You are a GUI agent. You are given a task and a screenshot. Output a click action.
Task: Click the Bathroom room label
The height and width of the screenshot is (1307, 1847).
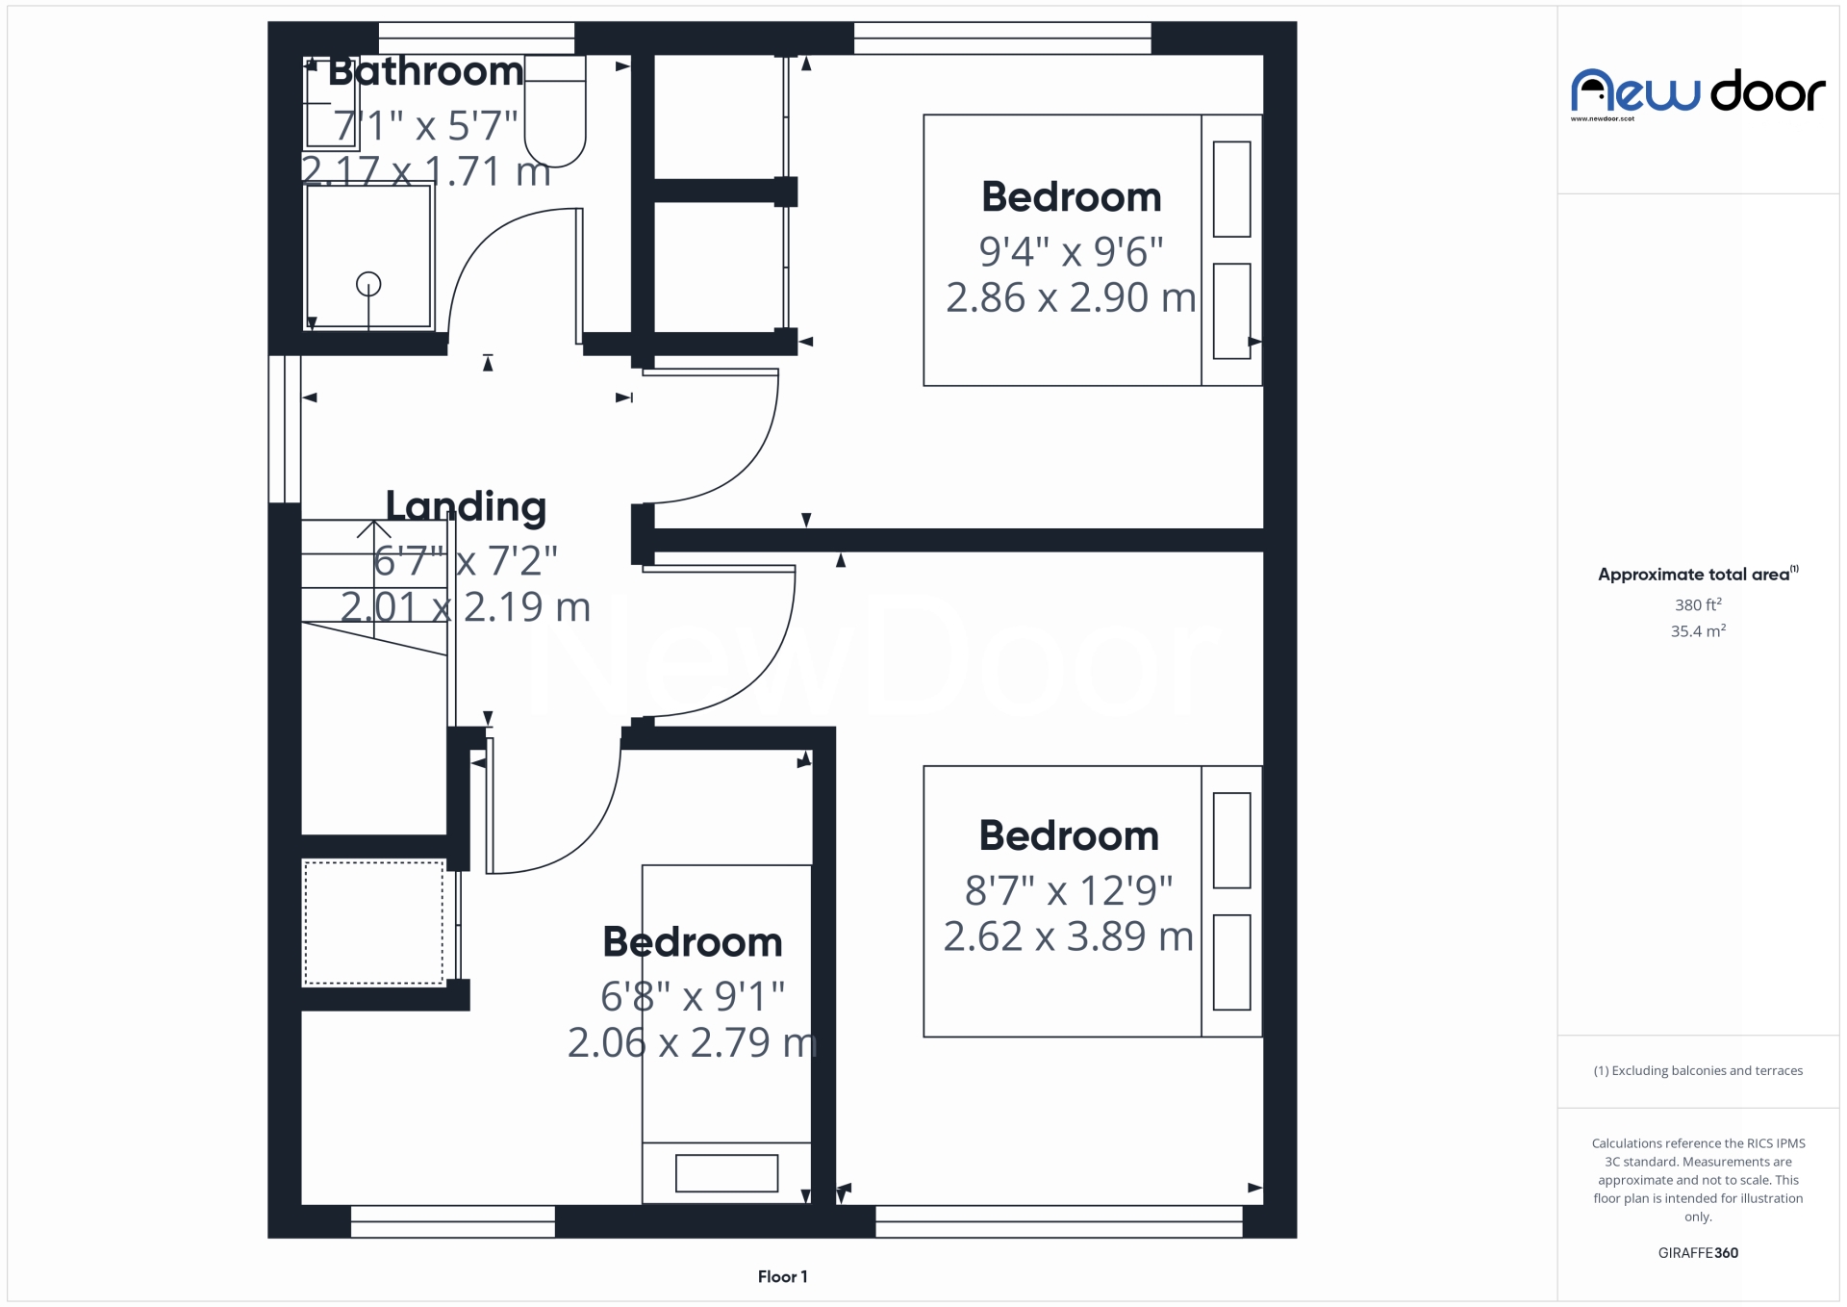425,71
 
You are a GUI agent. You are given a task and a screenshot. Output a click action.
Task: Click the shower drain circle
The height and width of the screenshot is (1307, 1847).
368,284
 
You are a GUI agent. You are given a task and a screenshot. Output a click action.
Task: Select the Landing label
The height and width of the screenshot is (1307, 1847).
466,506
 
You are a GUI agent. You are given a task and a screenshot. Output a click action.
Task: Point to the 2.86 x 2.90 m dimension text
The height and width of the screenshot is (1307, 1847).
1071,297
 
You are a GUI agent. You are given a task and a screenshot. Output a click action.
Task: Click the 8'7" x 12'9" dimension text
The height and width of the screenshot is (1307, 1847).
1069,890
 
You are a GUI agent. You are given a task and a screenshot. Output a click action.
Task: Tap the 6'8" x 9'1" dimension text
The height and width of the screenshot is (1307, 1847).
693,996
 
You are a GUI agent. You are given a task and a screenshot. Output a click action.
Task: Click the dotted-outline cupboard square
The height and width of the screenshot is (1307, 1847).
373,923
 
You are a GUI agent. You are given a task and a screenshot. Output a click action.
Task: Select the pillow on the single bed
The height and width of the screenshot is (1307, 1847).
726,1173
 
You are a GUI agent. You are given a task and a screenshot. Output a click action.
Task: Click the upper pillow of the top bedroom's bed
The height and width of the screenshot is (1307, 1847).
1231,190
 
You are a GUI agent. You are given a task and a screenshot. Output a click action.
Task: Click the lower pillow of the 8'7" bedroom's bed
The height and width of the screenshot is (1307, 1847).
1231,961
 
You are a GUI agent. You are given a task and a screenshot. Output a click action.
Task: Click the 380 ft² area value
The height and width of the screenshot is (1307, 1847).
1698,604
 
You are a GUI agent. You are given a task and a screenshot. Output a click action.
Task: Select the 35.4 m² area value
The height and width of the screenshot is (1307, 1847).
1698,631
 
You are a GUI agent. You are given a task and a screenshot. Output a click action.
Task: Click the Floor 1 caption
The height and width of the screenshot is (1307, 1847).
782,1276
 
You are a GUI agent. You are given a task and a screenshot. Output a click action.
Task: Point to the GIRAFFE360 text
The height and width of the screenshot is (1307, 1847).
1698,1252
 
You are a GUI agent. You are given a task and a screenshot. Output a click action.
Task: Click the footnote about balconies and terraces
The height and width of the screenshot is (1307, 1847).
1698,1070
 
